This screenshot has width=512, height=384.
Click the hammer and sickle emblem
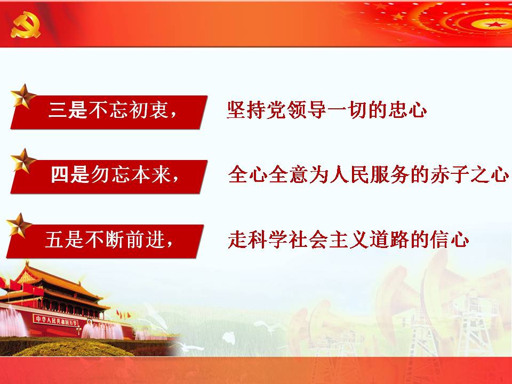[26, 25]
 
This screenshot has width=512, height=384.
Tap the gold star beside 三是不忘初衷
[23, 97]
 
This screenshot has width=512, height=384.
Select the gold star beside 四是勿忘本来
[23, 161]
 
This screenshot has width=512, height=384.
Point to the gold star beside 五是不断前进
[19, 226]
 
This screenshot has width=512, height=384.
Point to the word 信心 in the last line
[450, 239]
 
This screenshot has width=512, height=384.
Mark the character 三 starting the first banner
[58, 110]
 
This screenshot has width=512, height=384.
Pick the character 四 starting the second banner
[60, 174]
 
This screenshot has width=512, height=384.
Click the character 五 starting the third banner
[54, 239]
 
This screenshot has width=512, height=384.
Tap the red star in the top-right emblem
[495, 24]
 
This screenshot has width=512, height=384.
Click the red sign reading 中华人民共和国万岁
[56, 321]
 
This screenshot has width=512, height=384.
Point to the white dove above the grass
[229, 338]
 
